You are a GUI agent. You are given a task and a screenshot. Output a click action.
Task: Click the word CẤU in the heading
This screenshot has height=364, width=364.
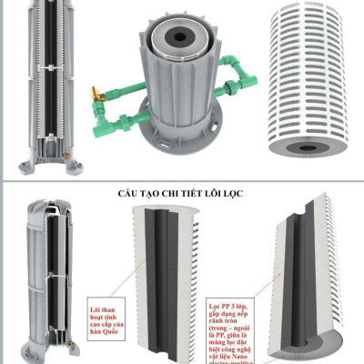point(130,195)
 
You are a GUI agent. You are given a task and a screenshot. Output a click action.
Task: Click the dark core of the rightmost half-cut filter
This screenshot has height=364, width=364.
point(298,273)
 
